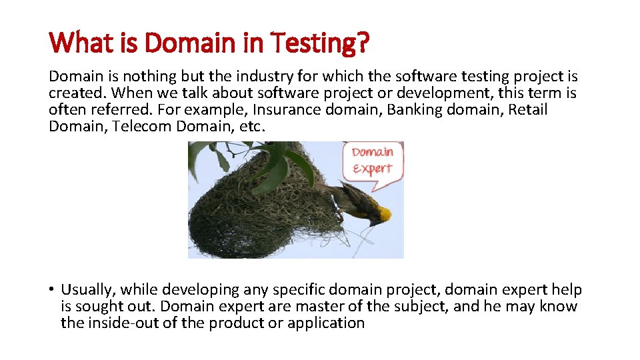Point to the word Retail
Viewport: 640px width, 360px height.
click(528, 109)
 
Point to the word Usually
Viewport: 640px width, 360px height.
click(87, 290)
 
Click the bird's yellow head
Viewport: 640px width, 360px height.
click(382, 214)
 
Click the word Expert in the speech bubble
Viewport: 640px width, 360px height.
click(373, 169)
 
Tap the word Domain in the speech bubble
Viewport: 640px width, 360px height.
click(373, 153)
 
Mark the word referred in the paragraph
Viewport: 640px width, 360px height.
click(111, 109)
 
